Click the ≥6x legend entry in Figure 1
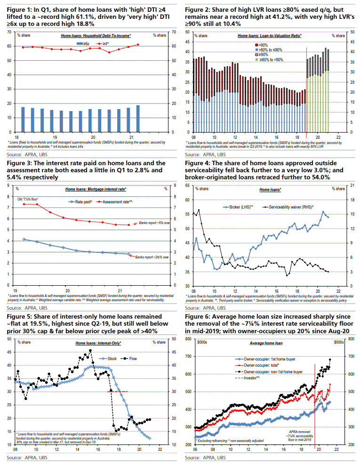[x=87, y=43]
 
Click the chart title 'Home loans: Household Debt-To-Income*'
[x=96, y=36]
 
